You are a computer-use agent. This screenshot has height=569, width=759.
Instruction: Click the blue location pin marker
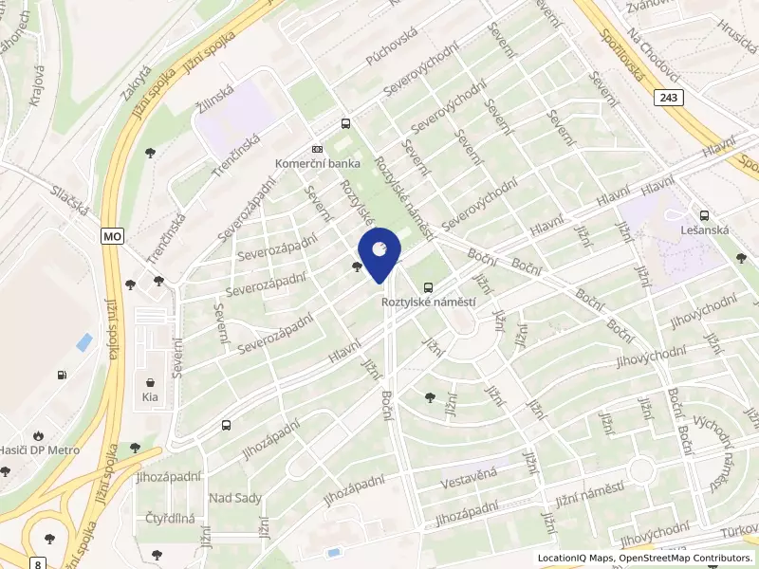tap(379, 256)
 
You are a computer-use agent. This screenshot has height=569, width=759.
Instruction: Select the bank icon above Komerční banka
tap(317, 149)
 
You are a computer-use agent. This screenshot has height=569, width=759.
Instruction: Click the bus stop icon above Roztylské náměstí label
tap(429, 286)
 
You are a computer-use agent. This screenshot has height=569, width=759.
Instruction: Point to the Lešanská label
tap(704, 229)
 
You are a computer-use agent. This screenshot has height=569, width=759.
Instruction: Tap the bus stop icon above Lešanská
tap(704, 215)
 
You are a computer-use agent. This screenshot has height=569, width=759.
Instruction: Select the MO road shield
tap(112, 234)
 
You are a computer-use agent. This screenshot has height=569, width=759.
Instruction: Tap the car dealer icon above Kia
tap(150, 380)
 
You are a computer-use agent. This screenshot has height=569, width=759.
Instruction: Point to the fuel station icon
tap(63, 375)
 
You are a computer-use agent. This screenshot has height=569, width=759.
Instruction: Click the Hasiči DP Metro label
tap(40, 450)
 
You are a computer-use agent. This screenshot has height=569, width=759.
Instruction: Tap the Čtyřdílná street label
tap(171, 519)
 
